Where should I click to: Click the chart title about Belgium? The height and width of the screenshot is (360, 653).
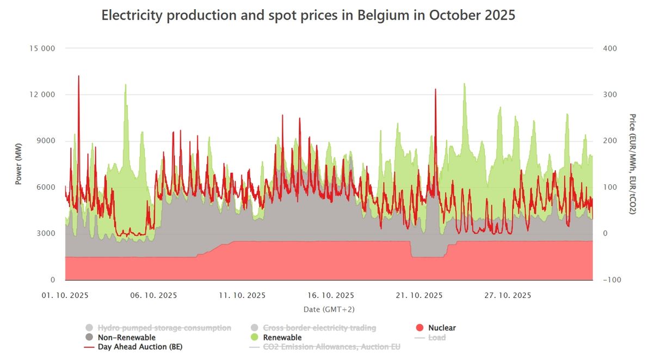pyautogui.click(x=308, y=15)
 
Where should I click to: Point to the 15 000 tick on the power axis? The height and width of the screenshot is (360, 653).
pyautogui.click(x=41, y=48)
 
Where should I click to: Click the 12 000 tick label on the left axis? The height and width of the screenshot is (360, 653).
pyautogui.click(x=41, y=95)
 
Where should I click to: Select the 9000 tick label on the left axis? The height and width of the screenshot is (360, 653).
pyautogui.click(x=46, y=141)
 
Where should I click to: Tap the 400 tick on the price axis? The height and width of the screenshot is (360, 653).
pyautogui.click(x=609, y=48)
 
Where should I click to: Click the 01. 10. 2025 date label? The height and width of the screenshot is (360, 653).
pyautogui.click(x=65, y=295)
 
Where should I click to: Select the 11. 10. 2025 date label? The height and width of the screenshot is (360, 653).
pyautogui.click(x=242, y=295)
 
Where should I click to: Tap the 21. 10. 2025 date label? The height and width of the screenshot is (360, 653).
pyautogui.click(x=419, y=295)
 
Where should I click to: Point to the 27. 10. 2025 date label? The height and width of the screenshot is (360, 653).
pyautogui.click(x=508, y=295)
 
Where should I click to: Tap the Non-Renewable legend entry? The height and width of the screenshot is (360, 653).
pyautogui.click(x=126, y=338)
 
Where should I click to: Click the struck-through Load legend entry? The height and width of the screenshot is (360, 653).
pyautogui.click(x=436, y=338)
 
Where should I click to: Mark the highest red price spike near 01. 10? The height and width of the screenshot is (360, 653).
pyautogui.click(x=78, y=76)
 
